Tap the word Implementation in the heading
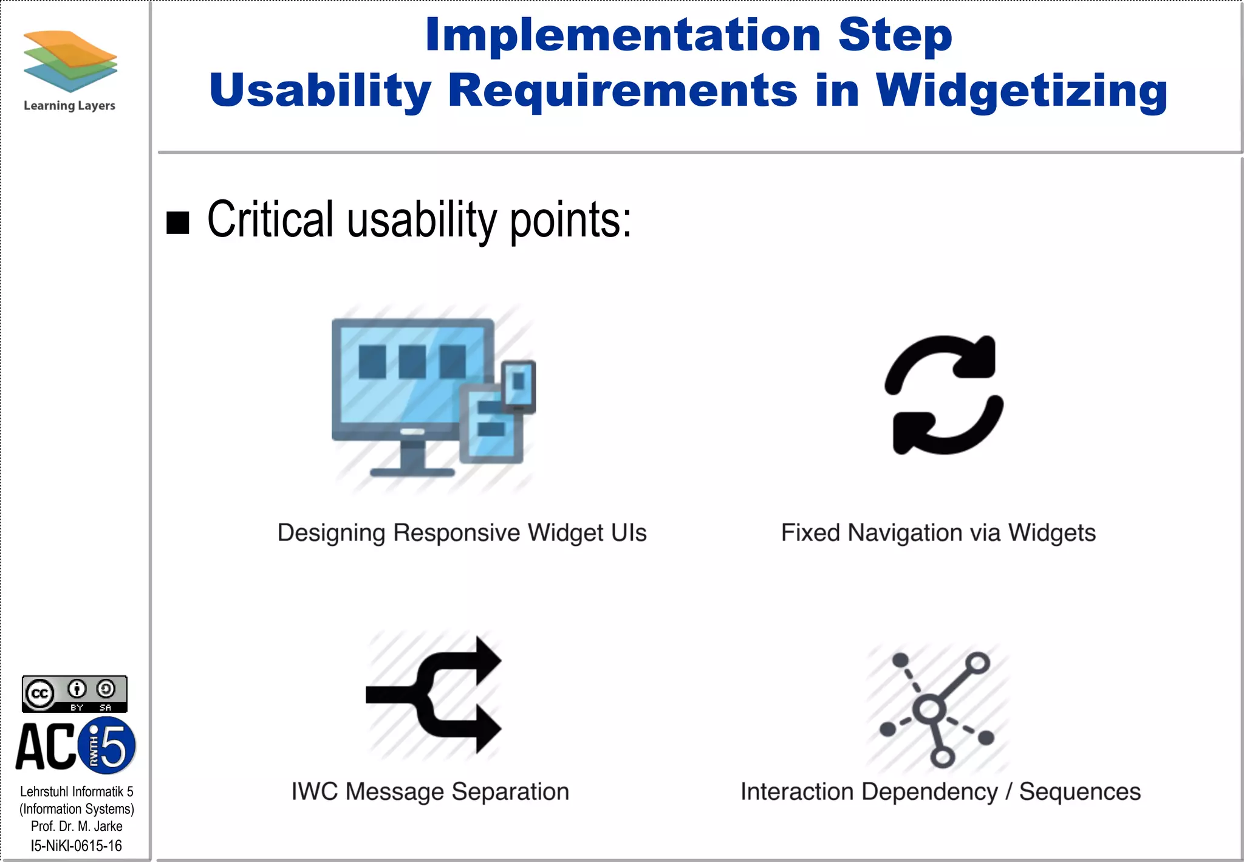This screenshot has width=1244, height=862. coord(623,35)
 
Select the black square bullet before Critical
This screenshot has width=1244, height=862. coord(178,222)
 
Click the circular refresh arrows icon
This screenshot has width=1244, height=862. coord(943,395)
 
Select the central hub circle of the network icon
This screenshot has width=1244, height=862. coord(929,709)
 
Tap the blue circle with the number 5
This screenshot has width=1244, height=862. coord(108,745)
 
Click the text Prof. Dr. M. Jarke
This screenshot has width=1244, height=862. coord(77,826)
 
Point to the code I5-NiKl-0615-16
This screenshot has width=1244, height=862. coord(77,846)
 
